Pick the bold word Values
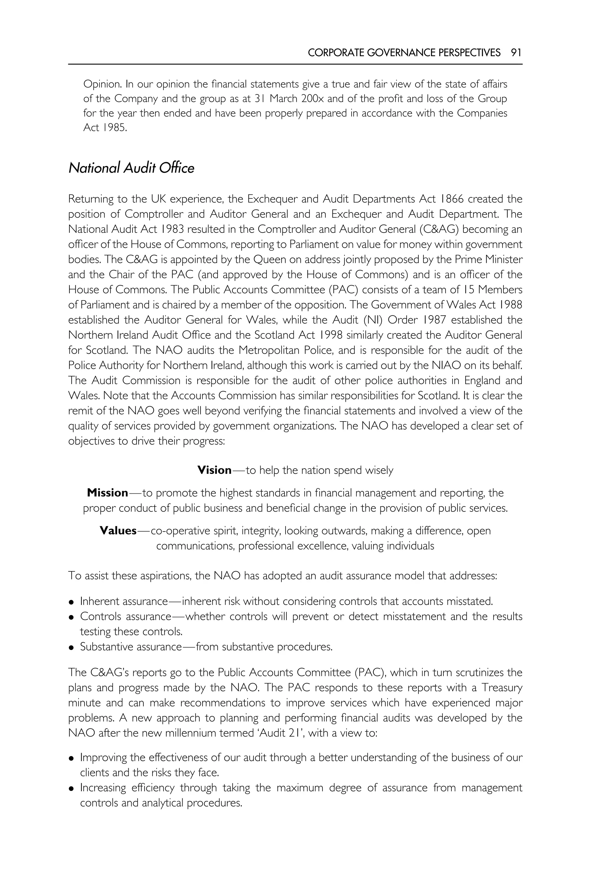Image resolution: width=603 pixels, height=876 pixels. pos(118,530)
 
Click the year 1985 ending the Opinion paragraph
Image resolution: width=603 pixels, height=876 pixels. pos(113,128)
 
